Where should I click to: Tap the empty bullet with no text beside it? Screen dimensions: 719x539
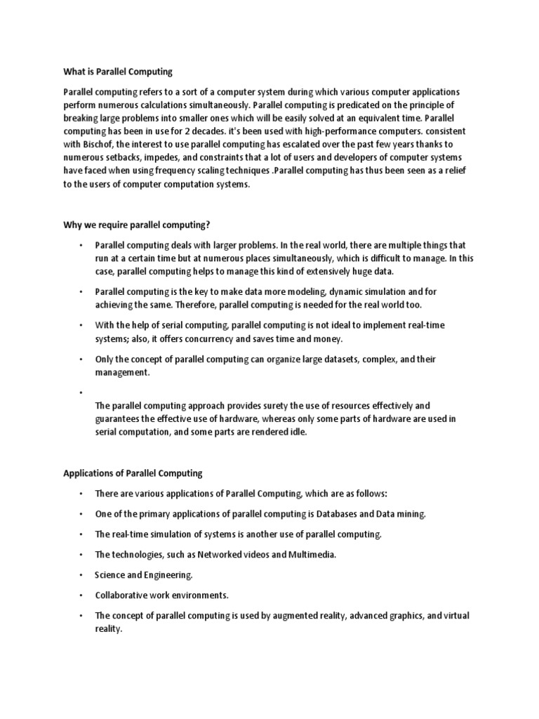81,392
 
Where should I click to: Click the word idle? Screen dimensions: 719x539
297,432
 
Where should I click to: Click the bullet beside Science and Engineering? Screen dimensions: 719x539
81,575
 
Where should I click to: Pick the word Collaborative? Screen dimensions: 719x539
120,595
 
